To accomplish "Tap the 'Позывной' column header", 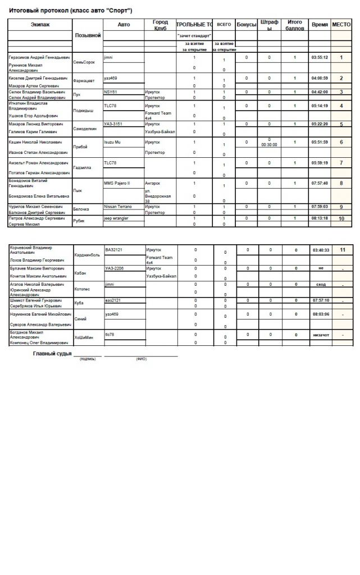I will point(88,35).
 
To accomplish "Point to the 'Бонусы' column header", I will point(247,25).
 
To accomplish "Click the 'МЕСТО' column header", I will point(341,25).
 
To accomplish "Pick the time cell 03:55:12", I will point(320,57).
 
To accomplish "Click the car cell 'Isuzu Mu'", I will point(113,143).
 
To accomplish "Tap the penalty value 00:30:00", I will point(270,145).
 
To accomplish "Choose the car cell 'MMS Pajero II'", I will point(117,183).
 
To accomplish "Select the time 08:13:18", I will point(320,218).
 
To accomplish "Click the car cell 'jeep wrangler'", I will point(116,218).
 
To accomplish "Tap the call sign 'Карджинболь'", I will point(88,254).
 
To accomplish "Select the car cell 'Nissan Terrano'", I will point(118,207).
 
